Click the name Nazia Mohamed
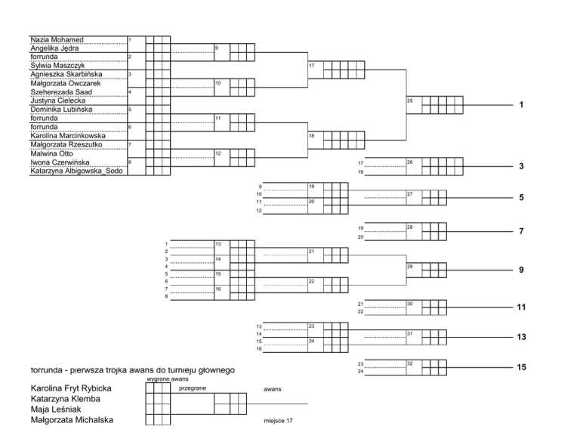point(57,39)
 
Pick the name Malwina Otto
point(51,153)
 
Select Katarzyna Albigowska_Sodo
point(77,171)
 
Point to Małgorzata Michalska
point(72,420)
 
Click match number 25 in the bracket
point(409,100)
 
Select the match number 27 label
point(409,194)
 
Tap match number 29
point(409,266)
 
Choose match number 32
point(409,363)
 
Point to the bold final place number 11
point(521,307)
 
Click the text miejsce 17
point(279,420)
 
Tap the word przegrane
point(193,388)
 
